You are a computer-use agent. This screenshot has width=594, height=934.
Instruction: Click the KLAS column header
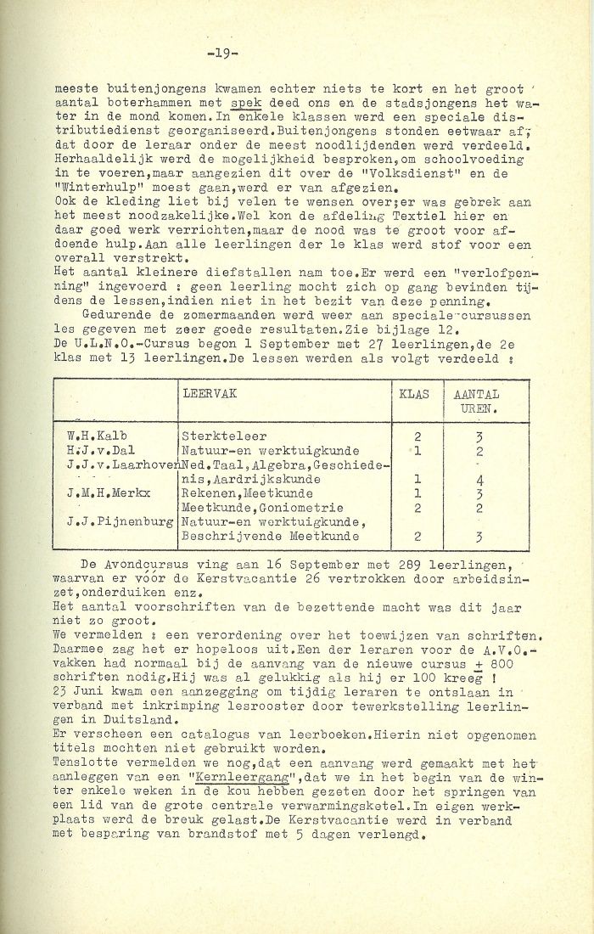415,395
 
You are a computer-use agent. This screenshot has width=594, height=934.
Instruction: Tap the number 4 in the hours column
480,478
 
